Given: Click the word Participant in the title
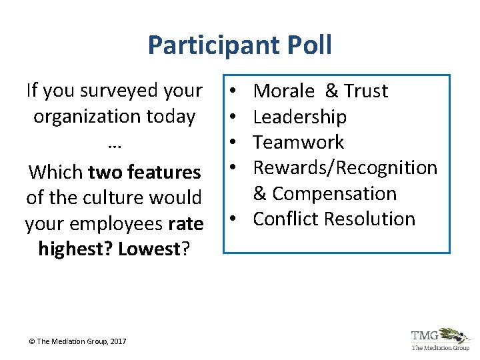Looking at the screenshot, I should [x=210, y=45].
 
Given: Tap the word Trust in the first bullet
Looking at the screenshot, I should [x=365, y=91].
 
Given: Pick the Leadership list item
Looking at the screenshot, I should [x=300, y=117].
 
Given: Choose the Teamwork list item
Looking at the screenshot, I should [x=299, y=142].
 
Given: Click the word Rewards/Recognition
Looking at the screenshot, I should [x=345, y=167].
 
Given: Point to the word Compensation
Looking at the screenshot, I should [x=334, y=193].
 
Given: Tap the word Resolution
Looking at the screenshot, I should [x=370, y=219].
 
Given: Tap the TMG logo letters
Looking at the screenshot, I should [x=425, y=335].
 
